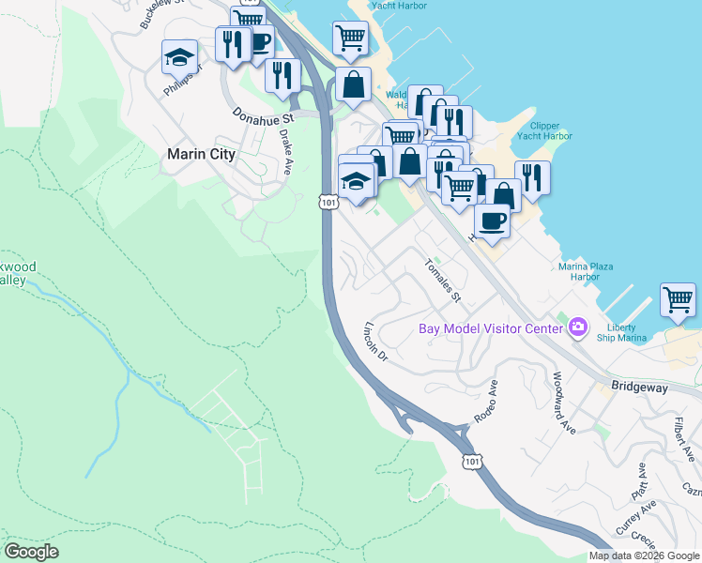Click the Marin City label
[200, 154]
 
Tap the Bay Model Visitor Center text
[490, 328]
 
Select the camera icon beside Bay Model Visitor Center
[578, 327]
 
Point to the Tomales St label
[444, 280]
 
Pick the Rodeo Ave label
[485, 401]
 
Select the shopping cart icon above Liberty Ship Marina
[678, 300]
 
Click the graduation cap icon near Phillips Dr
[179, 58]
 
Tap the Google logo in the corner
[31, 552]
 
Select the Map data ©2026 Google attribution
[644, 555]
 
